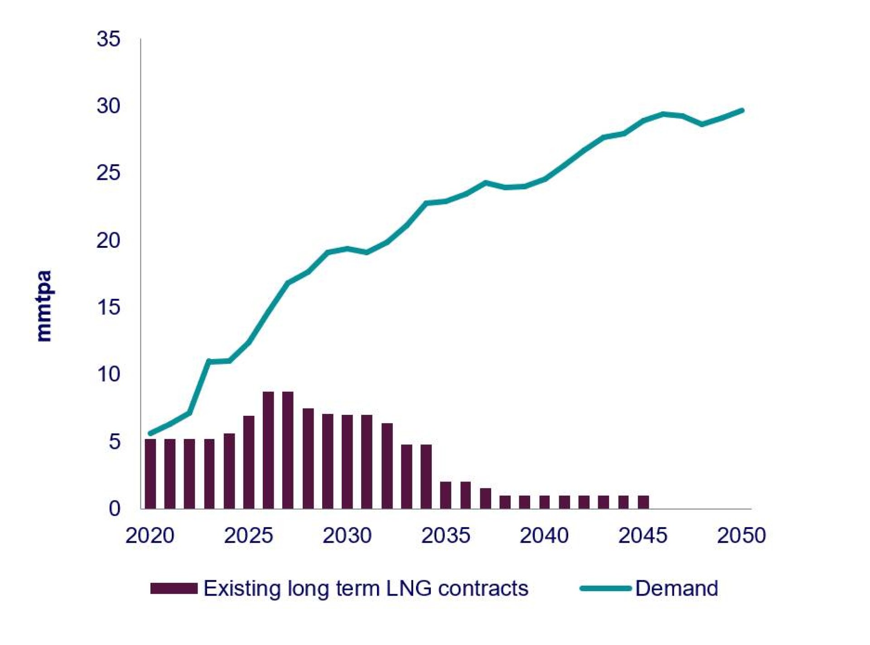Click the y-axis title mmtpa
(44, 306)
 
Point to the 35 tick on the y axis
(108, 39)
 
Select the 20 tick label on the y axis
(108, 241)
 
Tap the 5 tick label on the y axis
(115, 442)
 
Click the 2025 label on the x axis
(248, 535)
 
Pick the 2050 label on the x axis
(741, 535)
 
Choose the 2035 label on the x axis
(445, 535)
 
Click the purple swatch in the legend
(174, 588)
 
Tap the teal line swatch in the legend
(605, 588)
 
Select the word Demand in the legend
(677, 588)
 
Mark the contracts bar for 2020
(150, 474)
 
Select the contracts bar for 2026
(268, 450)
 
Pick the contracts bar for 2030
(347, 462)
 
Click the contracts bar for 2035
(445, 495)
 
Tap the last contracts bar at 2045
(643, 502)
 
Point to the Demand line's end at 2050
(742, 111)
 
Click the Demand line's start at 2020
(150, 433)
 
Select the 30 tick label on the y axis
(108, 106)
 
